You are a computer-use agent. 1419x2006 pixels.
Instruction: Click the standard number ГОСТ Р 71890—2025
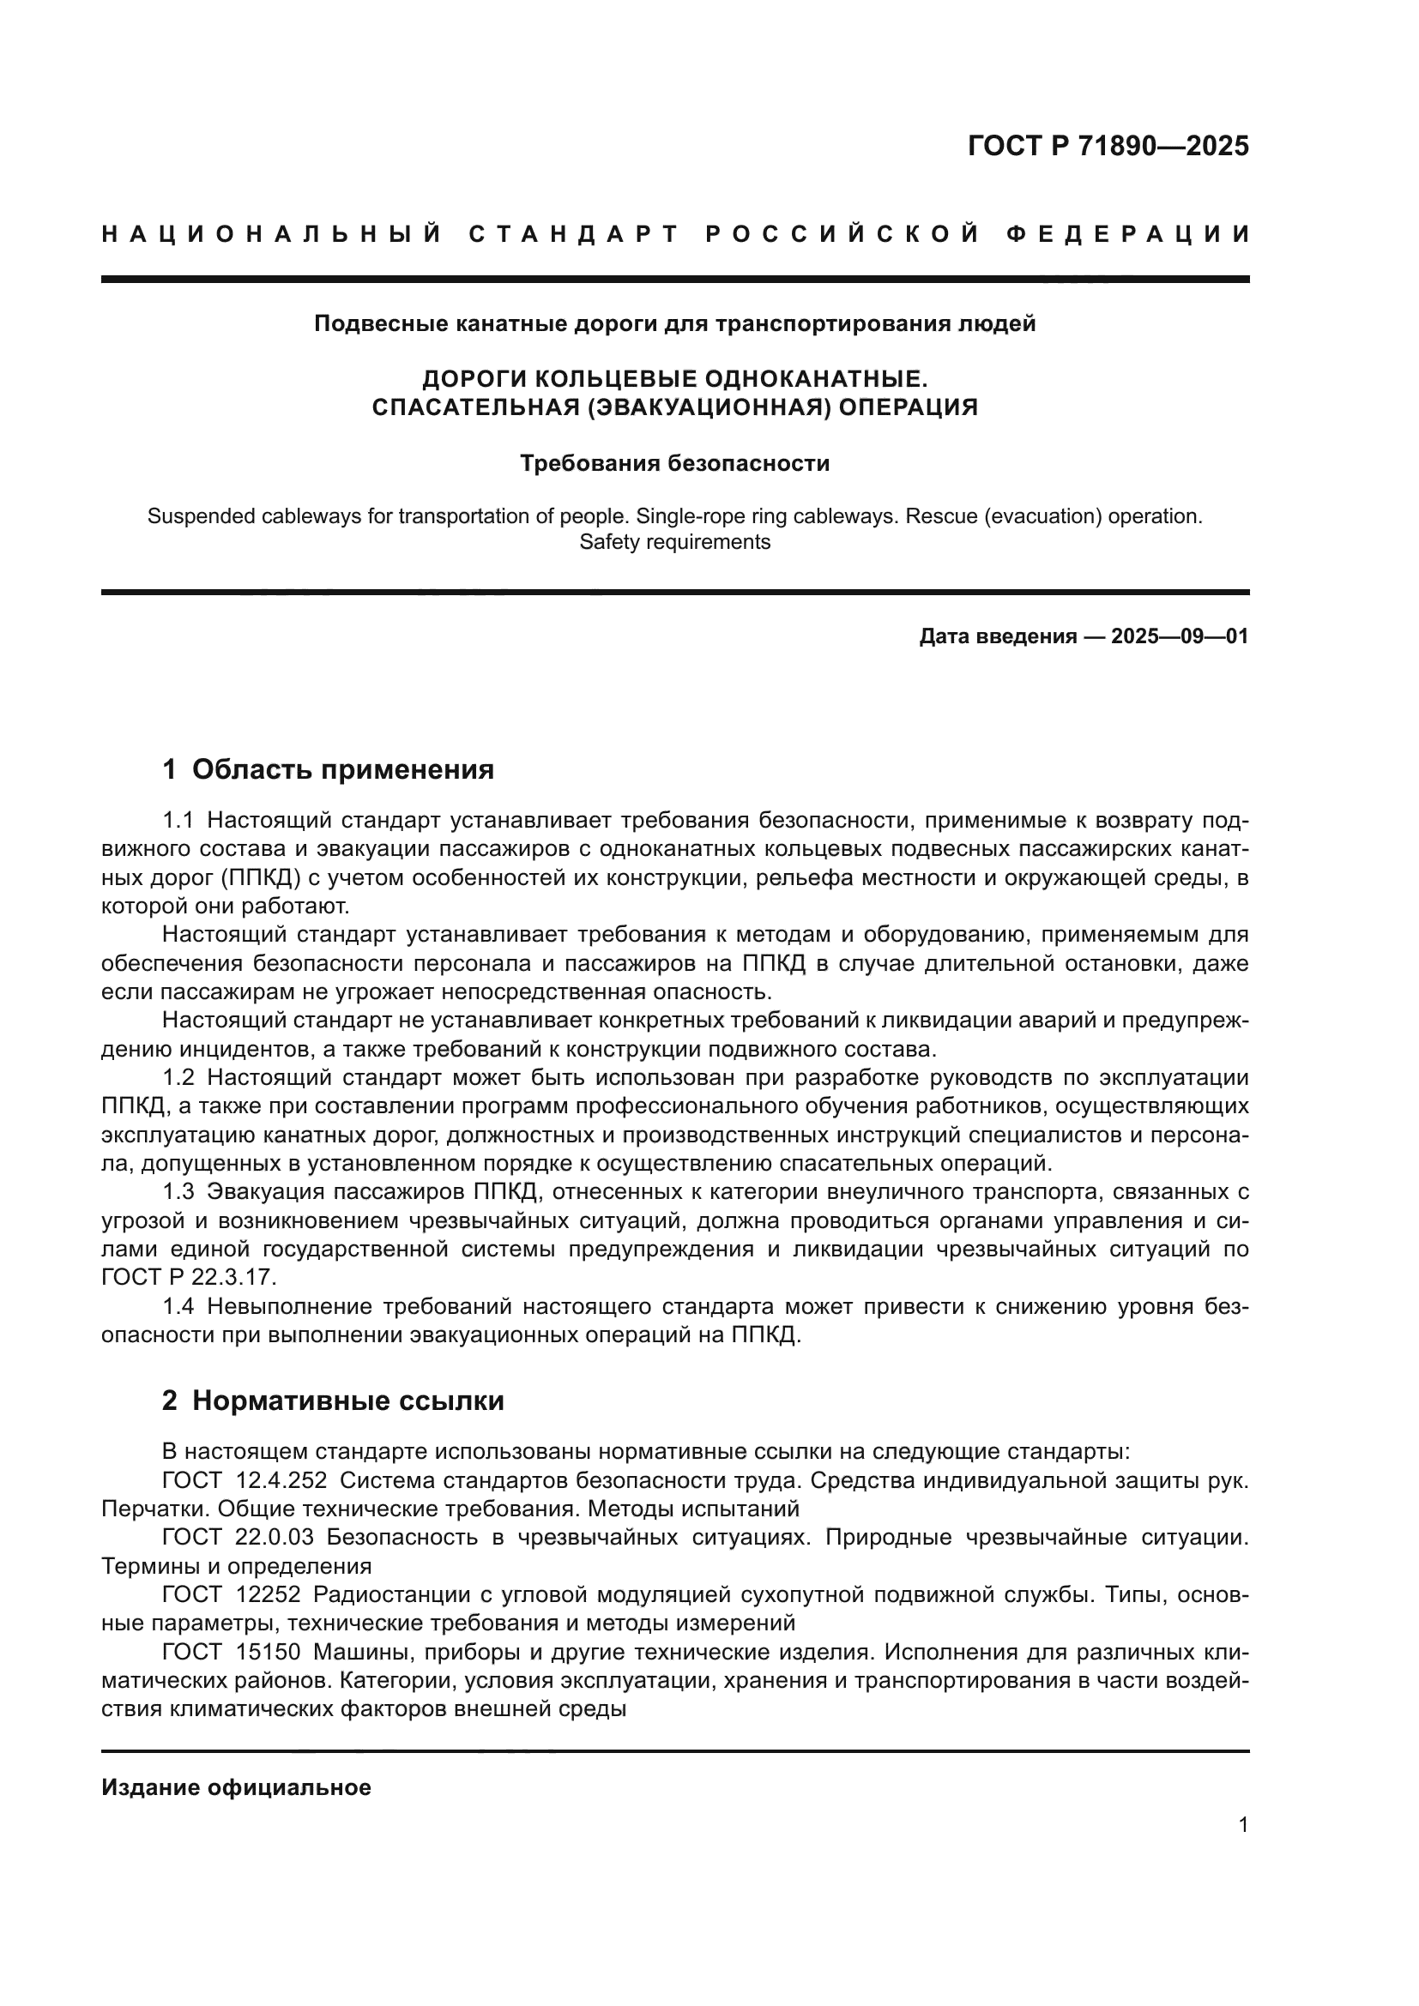[1108, 146]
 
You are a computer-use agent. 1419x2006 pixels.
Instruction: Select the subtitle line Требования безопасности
[674, 463]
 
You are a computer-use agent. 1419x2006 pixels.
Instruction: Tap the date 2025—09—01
[1180, 636]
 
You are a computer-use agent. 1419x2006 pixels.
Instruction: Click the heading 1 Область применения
[329, 769]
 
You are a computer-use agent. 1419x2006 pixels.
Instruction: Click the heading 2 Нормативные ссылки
[333, 1401]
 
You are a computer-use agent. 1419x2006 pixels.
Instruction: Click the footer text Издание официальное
[236, 1787]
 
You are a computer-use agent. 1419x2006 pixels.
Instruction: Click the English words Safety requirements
[674, 542]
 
